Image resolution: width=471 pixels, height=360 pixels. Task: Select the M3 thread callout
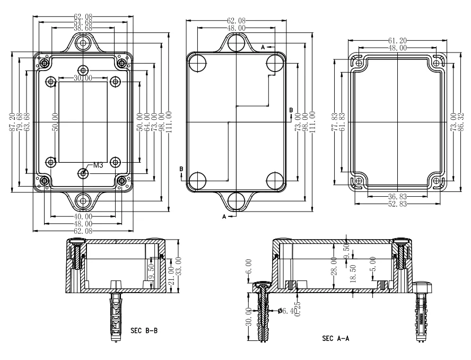[98, 165]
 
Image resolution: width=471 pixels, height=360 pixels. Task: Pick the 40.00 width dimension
[83, 216]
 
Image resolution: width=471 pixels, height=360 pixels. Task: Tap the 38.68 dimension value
[83, 28]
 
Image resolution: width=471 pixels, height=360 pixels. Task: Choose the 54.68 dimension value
[83, 22]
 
